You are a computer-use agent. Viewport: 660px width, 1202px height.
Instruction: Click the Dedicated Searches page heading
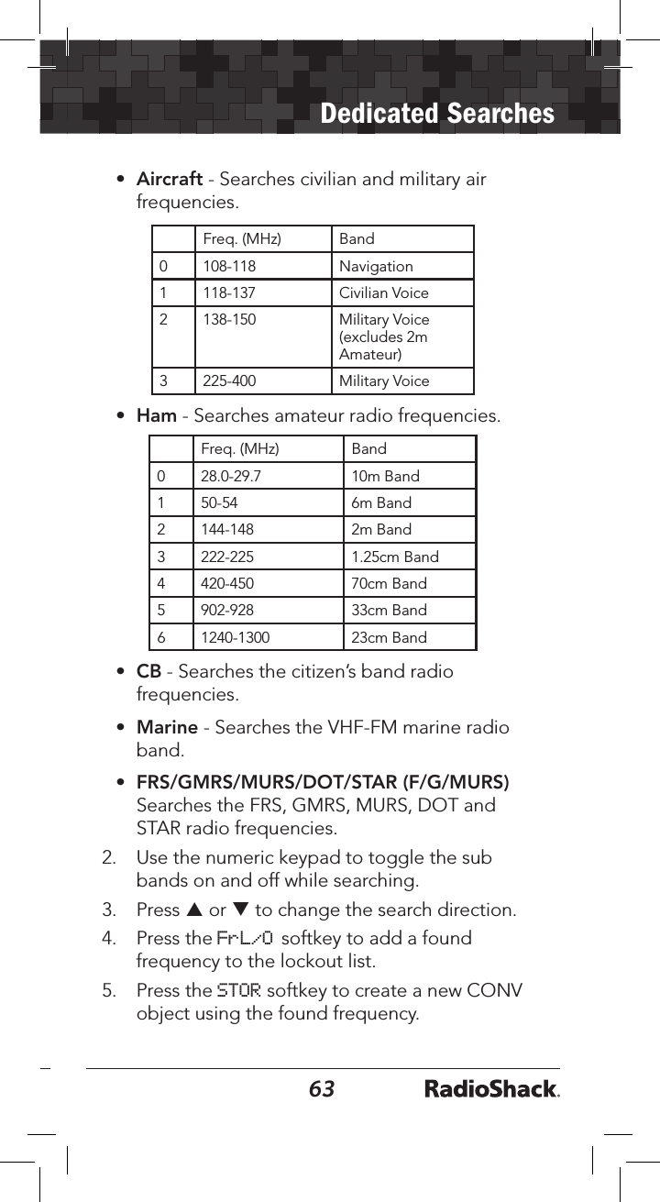click(437, 114)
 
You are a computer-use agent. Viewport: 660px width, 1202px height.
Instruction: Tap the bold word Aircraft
click(169, 179)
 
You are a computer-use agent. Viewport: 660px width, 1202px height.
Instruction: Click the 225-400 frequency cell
click(229, 381)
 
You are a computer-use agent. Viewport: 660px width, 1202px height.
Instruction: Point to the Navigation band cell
click(376, 267)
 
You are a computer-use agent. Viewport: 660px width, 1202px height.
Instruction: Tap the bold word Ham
click(156, 416)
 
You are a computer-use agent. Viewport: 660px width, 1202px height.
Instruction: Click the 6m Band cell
click(381, 503)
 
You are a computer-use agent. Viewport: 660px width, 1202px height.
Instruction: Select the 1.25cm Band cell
click(395, 557)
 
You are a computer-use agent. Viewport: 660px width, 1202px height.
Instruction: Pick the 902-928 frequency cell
click(227, 611)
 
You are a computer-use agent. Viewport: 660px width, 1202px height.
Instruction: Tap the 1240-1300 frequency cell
click(236, 637)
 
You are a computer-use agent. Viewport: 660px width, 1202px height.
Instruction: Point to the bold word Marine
click(167, 728)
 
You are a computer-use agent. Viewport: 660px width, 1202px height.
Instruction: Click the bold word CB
click(148, 672)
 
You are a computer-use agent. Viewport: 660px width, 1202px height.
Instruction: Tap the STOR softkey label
click(238, 990)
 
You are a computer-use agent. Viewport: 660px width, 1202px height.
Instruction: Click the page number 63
click(322, 1088)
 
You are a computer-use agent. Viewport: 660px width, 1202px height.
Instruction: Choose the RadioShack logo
click(492, 1089)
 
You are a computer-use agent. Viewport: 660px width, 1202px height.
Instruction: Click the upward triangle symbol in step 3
click(192, 910)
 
